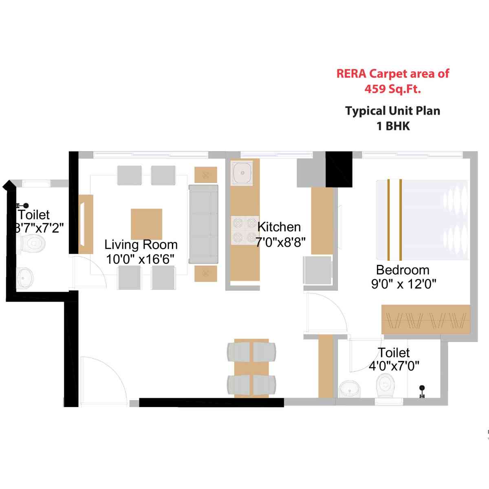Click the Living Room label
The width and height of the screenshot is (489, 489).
(x=141, y=244)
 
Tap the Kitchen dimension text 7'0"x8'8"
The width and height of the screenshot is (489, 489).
(x=280, y=242)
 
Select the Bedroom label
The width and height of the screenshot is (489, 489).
(x=403, y=270)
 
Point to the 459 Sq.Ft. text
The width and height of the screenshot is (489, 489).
(x=392, y=89)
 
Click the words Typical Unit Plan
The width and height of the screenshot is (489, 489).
(x=392, y=111)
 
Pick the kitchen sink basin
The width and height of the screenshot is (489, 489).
(x=242, y=172)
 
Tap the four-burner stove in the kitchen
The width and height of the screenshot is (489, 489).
(x=244, y=230)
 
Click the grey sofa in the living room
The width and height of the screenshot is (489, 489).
(x=203, y=224)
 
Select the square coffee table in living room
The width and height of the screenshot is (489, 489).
(x=146, y=224)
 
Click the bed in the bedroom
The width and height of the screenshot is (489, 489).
(x=422, y=220)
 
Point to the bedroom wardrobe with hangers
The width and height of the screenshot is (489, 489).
(x=425, y=319)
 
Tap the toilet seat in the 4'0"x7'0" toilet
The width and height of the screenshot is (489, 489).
(x=385, y=385)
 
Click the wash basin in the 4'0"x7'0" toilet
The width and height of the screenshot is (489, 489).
(x=350, y=389)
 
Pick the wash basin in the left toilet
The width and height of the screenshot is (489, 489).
(x=25, y=278)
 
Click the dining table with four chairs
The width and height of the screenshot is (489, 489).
(x=251, y=368)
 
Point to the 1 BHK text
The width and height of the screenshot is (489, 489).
(x=393, y=126)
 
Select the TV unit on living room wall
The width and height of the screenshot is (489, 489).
(x=86, y=224)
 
